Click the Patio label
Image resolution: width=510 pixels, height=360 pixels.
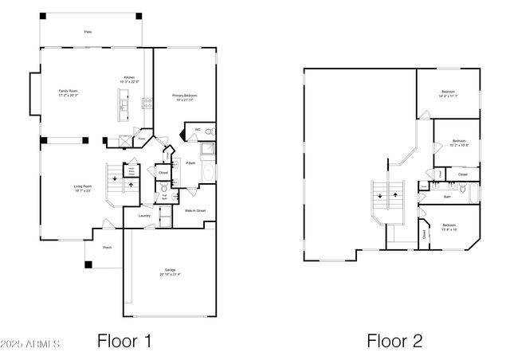pyautogui.click(x=88, y=32)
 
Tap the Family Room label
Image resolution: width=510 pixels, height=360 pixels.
pyautogui.click(x=68, y=93)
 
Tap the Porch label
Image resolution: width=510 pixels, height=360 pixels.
pyautogui.click(x=107, y=248)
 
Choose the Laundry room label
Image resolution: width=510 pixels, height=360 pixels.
pyautogui.click(x=144, y=215)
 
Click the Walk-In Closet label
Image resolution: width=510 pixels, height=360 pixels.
pyautogui.click(x=195, y=211)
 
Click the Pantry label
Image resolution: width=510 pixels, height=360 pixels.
pyautogui.click(x=142, y=138)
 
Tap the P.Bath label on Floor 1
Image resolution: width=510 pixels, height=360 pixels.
pyautogui.click(x=191, y=164)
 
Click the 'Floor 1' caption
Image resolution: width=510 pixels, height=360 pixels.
pyautogui.click(x=124, y=342)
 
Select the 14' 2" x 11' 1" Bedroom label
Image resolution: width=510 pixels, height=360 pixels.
pyautogui.click(x=448, y=94)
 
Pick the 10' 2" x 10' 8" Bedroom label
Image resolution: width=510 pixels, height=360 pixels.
pyautogui.click(x=458, y=143)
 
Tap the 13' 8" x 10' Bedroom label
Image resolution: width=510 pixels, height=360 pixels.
pyautogui.click(x=449, y=227)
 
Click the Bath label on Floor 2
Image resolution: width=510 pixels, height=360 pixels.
pyautogui.click(x=447, y=196)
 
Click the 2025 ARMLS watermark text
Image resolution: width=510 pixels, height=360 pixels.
pyautogui.click(x=31, y=344)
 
